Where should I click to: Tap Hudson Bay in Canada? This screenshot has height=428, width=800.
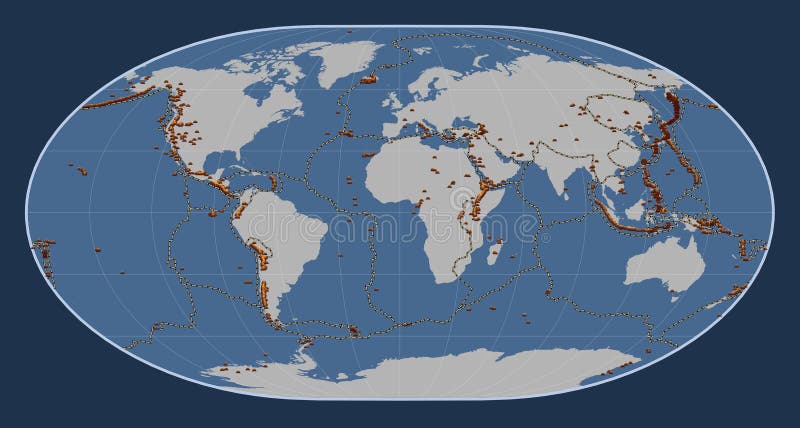pos(262,95)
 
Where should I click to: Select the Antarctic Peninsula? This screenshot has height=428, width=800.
pos(306,350)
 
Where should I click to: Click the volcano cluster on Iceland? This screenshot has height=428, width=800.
pos(368,77)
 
